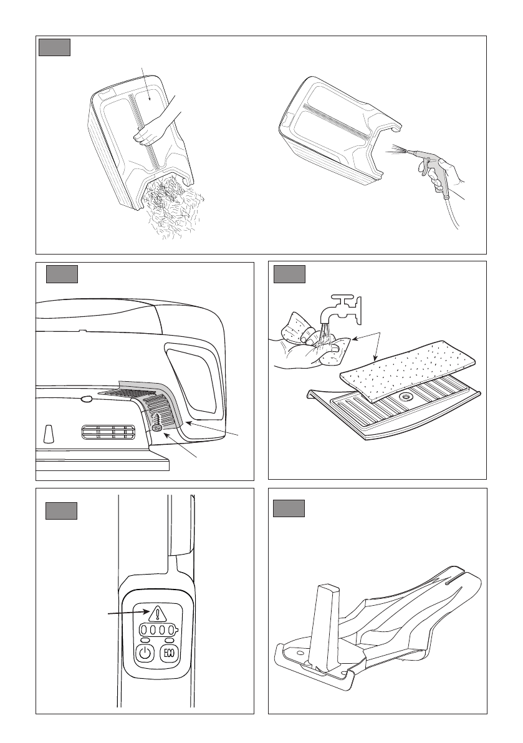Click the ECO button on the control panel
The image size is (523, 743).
[170, 653]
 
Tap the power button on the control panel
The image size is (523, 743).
[145, 653]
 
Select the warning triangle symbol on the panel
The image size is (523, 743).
[157, 613]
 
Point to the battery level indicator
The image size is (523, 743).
[158, 631]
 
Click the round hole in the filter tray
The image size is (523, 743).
[405, 395]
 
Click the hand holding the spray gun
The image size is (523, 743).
[443, 175]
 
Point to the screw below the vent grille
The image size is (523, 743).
[158, 427]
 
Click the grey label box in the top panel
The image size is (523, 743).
[54, 47]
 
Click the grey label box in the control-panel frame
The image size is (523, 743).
[61, 511]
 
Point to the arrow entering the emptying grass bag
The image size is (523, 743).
[146, 84]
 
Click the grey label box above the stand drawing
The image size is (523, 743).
[289, 508]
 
